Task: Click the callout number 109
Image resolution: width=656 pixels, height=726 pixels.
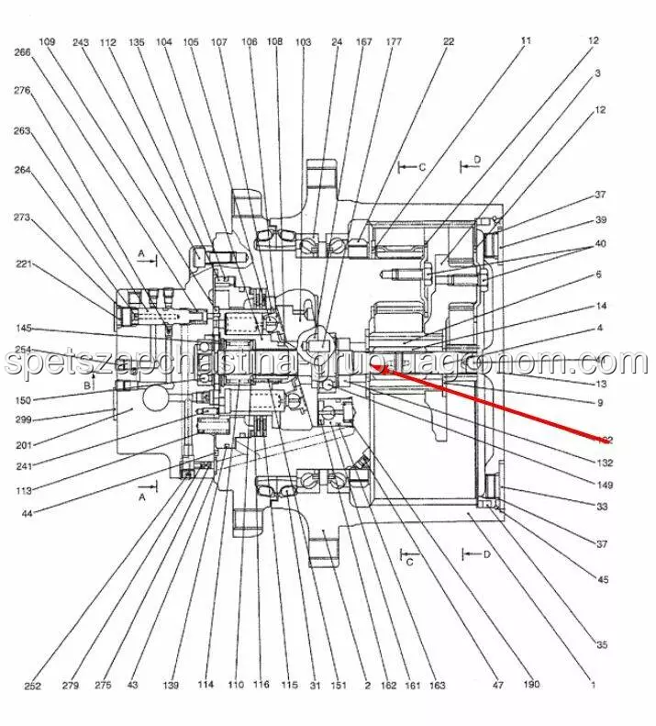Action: point(48,41)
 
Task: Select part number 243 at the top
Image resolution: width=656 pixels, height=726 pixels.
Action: point(80,41)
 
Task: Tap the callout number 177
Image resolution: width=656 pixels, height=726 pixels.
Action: point(394,41)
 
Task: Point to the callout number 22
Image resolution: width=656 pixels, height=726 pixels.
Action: point(449,41)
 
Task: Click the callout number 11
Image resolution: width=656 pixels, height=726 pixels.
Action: point(526,40)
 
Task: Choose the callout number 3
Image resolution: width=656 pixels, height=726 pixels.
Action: point(597,73)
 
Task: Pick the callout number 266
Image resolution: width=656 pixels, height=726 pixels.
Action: point(23,52)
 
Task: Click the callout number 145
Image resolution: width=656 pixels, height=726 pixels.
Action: point(23,329)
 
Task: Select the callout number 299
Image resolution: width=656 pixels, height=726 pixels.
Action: point(23,419)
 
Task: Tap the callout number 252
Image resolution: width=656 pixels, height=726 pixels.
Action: point(33,685)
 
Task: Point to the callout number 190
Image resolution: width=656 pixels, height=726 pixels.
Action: point(532,685)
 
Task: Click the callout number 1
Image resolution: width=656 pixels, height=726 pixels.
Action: point(593,685)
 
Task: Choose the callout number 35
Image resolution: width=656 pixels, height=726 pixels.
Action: point(602,645)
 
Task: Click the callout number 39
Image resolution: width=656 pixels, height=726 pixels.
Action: point(601,220)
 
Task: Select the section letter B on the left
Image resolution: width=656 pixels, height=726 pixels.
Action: point(87,386)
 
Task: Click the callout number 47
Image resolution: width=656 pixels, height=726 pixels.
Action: point(498,685)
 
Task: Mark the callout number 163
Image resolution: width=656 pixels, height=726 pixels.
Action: point(437,685)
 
